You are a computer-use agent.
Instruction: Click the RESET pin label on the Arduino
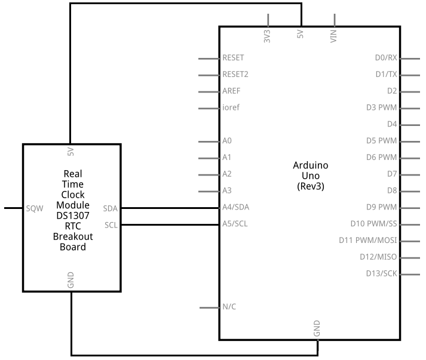pyautogui.click(x=233, y=58)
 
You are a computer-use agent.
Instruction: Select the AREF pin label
pyautogui.click(x=231, y=91)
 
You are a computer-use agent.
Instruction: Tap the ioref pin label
pyautogui.click(x=231, y=108)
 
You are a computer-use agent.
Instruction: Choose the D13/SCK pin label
pyautogui.click(x=381, y=274)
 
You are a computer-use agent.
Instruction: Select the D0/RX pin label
pyautogui.click(x=385, y=58)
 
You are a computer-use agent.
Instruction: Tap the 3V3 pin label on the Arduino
pyautogui.click(x=267, y=36)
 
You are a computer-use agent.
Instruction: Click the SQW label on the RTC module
pyautogui.click(x=34, y=208)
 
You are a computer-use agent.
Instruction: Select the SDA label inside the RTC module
pyautogui.click(x=111, y=208)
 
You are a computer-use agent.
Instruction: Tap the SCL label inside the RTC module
pyautogui.click(x=111, y=225)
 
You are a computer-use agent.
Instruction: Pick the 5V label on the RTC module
pyautogui.click(x=71, y=152)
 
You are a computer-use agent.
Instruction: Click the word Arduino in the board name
pyautogui.click(x=310, y=165)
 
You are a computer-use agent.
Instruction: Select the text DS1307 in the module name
pyautogui.click(x=72, y=216)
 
